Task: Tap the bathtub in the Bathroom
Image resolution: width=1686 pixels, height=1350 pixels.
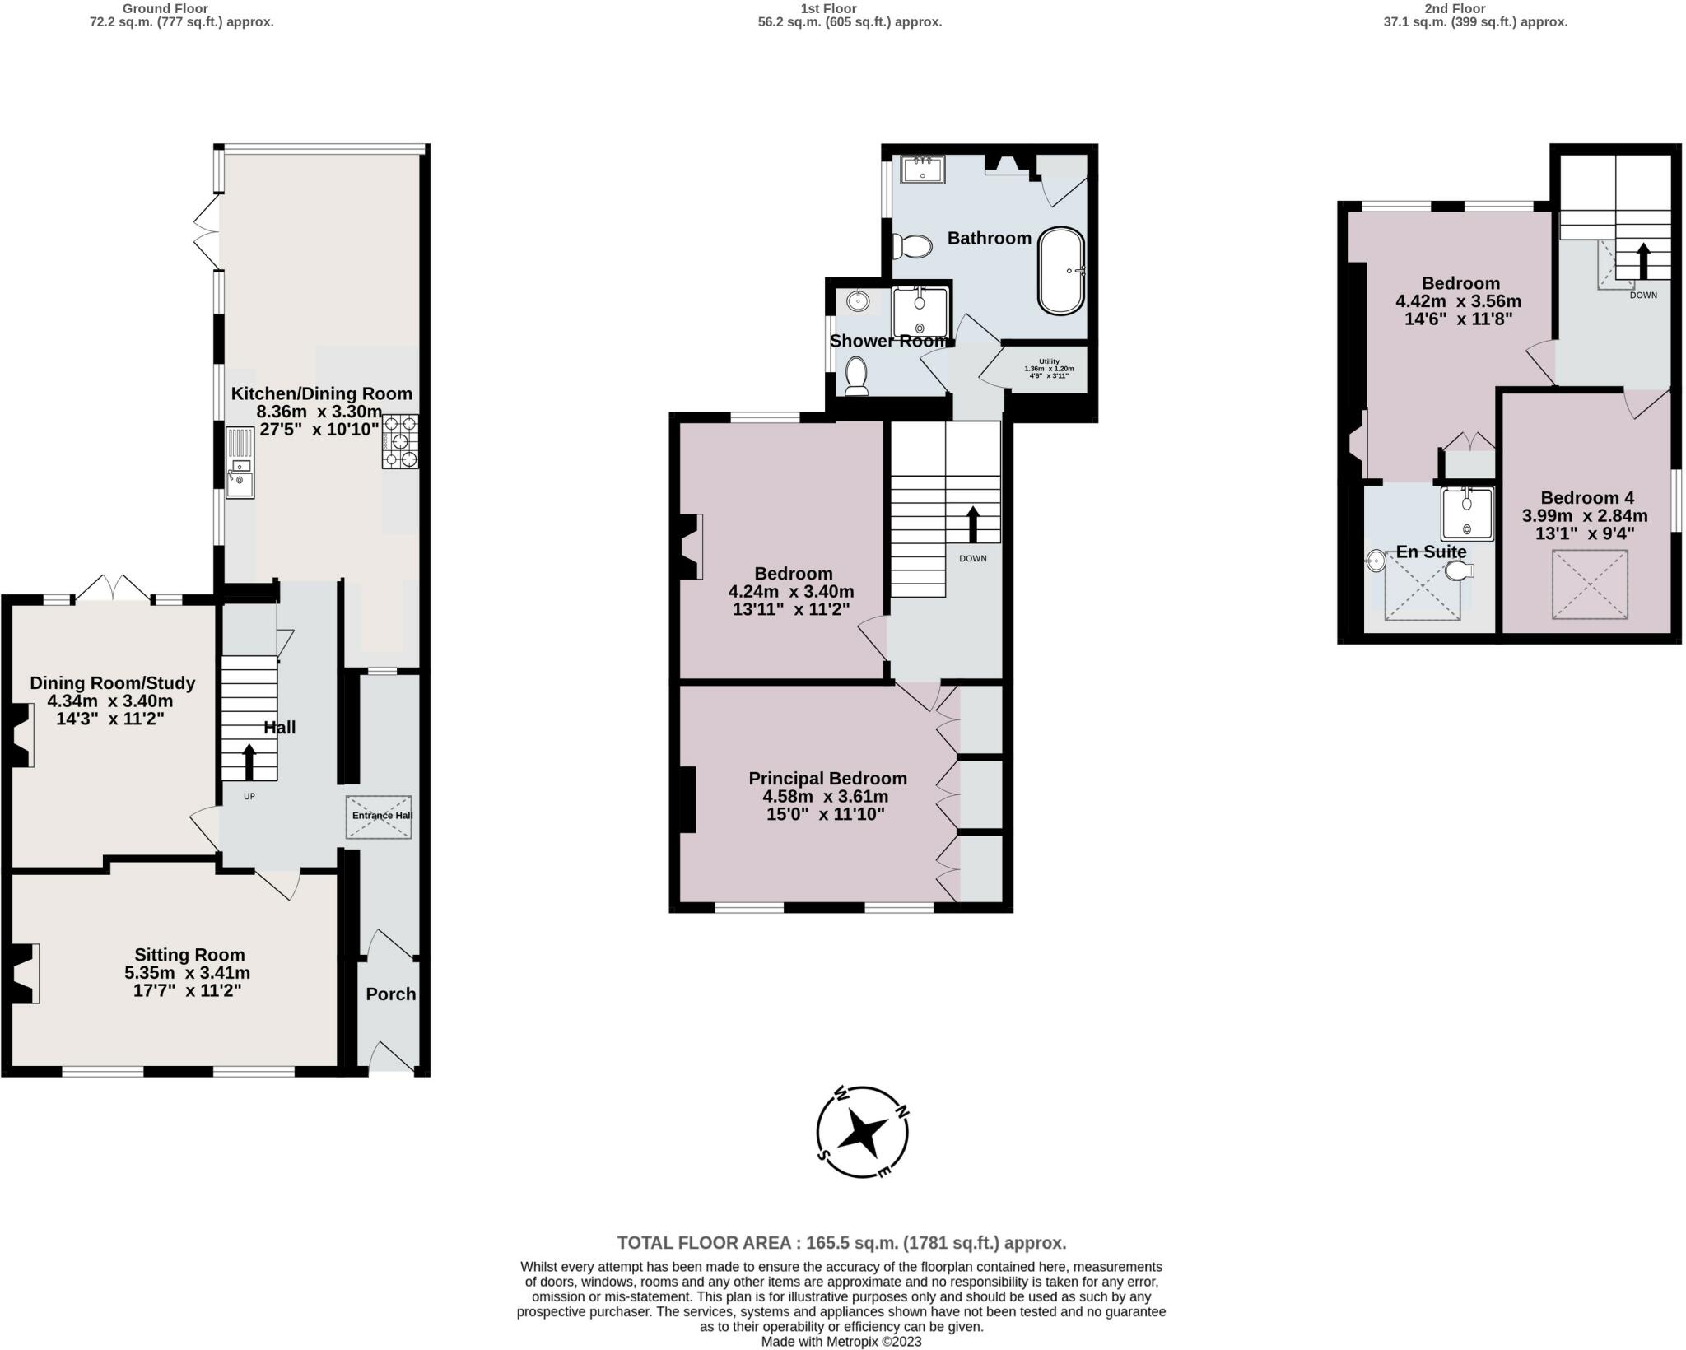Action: [x=1062, y=270]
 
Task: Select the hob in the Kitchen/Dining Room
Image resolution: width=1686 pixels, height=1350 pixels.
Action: [x=400, y=441]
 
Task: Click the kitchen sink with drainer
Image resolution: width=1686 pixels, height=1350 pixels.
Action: [x=240, y=463]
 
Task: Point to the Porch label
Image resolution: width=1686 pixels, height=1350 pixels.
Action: [x=391, y=994]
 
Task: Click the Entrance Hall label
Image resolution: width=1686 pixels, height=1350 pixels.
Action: [x=383, y=816]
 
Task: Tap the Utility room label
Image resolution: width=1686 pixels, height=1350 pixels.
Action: [x=1049, y=361]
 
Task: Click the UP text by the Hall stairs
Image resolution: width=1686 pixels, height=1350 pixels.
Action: [x=249, y=796]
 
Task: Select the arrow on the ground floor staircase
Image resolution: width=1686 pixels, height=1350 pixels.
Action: [x=249, y=761]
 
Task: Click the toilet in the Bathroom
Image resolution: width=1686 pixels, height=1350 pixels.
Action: [x=912, y=245]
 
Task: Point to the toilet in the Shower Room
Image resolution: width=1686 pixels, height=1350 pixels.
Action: [x=857, y=375]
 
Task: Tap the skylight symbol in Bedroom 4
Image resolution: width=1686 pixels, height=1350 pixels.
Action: [x=1591, y=584]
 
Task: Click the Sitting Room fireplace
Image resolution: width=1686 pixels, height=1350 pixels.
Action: [x=26, y=974]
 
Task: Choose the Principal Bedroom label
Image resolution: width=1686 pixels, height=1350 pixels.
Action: [x=827, y=778]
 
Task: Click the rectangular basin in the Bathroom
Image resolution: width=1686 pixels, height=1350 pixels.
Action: [x=923, y=170]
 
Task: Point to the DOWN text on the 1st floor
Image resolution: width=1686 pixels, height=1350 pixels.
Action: [x=972, y=558]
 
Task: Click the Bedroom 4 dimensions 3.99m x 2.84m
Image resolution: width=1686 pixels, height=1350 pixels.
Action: [x=1585, y=516]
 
